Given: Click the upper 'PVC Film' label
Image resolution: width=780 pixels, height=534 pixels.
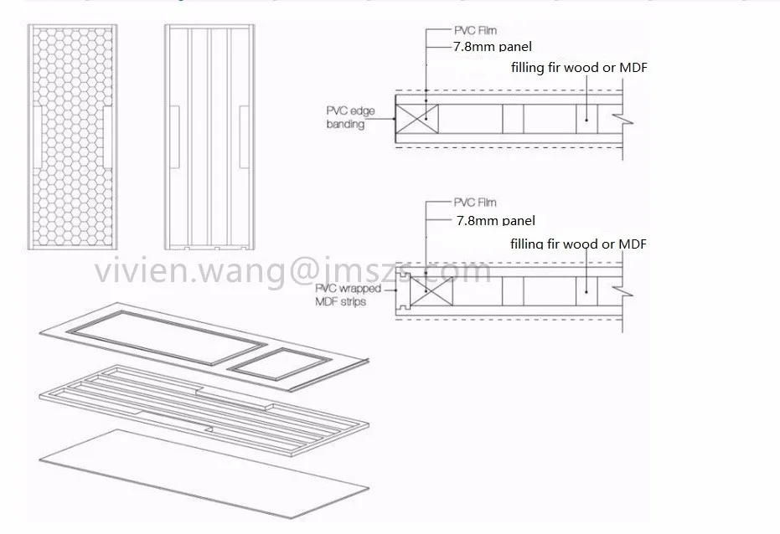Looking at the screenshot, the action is (475, 31).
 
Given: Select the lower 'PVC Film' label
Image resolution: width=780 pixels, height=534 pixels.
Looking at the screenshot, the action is (475, 203).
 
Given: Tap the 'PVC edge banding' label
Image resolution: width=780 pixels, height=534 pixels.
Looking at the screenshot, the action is (345, 117).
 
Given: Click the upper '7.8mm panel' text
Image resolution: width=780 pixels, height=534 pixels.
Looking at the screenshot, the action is (492, 48).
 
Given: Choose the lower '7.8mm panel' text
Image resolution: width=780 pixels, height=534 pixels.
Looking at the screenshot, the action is (495, 221).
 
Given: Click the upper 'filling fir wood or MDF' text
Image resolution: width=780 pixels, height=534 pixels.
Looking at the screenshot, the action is (579, 68).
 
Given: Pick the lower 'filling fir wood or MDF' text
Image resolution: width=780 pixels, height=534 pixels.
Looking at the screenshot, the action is (579, 244).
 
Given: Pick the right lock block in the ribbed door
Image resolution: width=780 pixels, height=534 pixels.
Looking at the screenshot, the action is (243, 135).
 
